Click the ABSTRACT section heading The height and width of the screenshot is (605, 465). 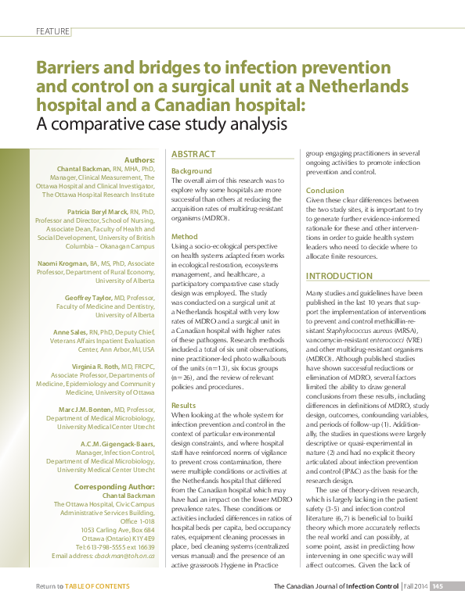(x=194, y=155)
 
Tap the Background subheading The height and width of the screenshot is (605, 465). (x=191, y=170)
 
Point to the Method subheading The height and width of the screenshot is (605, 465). (x=185, y=236)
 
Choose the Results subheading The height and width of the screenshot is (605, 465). (x=184, y=406)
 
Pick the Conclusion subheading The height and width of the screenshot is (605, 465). (x=325, y=191)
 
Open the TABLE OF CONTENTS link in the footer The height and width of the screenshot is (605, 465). (x=97, y=585)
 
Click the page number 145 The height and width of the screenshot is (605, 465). (x=438, y=585)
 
